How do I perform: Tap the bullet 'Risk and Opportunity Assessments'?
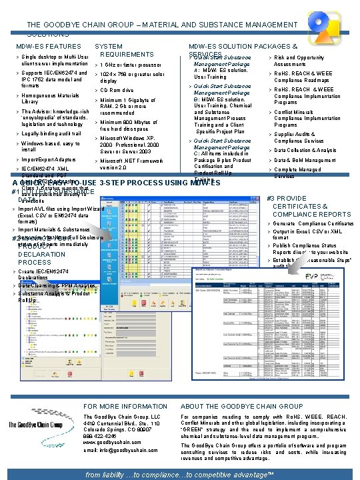click(x=299, y=61)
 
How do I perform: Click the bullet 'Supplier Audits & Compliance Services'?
click(x=300, y=137)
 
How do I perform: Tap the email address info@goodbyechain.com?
click(x=126, y=450)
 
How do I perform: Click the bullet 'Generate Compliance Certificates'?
click(x=313, y=223)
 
